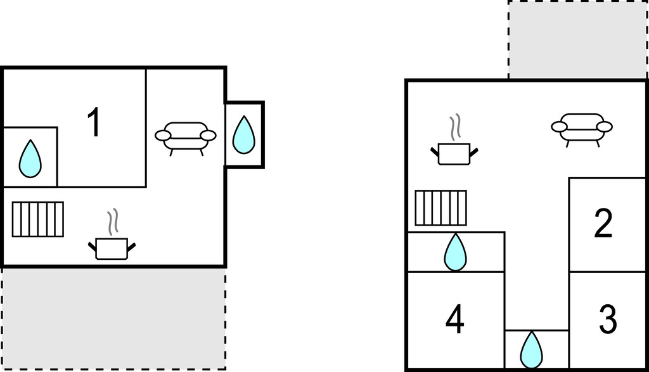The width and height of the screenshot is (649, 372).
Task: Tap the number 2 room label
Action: point(603,224)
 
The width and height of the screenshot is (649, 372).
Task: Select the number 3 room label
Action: point(608,319)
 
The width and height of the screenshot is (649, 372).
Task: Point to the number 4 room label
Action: point(454,319)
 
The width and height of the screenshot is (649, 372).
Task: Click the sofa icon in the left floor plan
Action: point(186,138)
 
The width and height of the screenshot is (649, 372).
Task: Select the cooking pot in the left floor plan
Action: point(112,248)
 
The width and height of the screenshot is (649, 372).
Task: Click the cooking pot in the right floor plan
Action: point(454,154)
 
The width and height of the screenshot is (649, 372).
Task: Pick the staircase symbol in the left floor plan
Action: point(37,219)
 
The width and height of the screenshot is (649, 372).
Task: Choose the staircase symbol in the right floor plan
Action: point(441,208)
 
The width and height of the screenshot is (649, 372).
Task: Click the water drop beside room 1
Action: point(30,159)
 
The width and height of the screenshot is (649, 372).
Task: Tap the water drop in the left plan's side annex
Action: point(244,134)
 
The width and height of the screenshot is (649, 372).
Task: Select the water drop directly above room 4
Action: point(455,252)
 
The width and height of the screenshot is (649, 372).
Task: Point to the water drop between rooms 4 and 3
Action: point(531,350)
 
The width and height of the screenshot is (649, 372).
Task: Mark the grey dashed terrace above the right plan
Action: point(578,40)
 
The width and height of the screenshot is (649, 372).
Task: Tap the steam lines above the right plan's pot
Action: point(455,127)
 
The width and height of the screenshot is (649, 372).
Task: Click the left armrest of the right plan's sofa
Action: point(559,127)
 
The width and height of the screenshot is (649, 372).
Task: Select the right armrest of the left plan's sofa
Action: point(208,136)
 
